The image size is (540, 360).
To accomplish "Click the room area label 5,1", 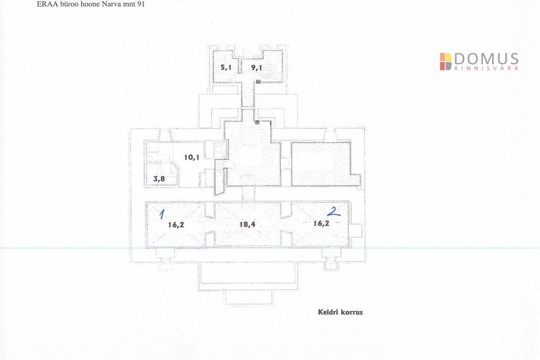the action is point(226,67).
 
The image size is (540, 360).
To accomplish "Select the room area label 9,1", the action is point(256,67).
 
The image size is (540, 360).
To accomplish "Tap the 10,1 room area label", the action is point(192,157).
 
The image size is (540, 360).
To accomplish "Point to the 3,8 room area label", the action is point(159,179).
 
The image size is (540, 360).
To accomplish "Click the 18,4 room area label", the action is point(247,225).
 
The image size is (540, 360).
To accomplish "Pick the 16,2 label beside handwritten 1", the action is point(176,225).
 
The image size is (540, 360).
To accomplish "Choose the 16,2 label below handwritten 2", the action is point(321,224).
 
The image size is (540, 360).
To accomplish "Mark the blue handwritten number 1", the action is point(162,214).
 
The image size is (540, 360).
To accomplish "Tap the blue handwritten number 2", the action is point(334,211).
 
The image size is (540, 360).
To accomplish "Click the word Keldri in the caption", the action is point(328,312).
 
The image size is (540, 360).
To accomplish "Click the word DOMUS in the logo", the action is point(486,59).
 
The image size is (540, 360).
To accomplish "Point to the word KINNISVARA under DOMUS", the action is point(486,68).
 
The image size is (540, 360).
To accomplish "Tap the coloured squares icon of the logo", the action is point(445,62).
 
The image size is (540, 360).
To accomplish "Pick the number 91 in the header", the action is point(141,4).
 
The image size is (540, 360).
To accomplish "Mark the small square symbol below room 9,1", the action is point(258,82).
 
